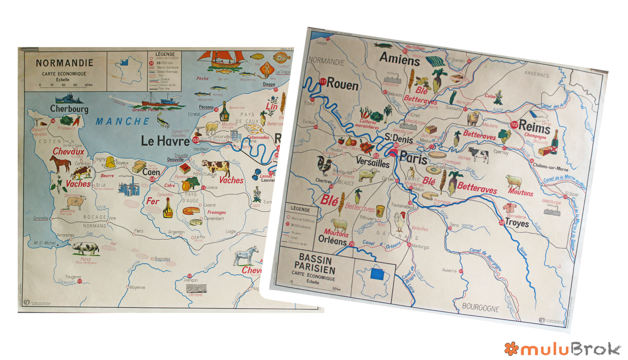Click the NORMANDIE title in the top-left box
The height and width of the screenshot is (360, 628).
pyautogui.click(x=65, y=63)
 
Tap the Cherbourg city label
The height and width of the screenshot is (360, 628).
pyautogui.click(x=69, y=109)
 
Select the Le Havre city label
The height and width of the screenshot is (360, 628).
pyautogui.click(x=165, y=141)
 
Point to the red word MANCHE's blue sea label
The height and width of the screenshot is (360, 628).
pyautogui.click(x=123, y=122)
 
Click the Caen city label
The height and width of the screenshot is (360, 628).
pyautogui.click(x=151, y=172)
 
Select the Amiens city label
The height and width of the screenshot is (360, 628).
pyautogui.click(x=399, y=60)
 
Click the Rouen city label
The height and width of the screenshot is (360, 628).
pyautogui.click(x=343, y=85)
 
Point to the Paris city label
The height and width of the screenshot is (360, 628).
pyautogui.click(x=413, y=157)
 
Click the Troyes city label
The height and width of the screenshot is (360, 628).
pyautogui.click(x=517, y=223)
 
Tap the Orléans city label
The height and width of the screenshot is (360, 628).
pyautogui.click(x=332, y=241)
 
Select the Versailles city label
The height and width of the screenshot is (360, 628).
pyautogui.click(x=372, y=162)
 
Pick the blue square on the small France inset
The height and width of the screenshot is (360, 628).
pyautogui.click(x=377, y=274)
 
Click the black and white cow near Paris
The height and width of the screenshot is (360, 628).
pyautogui.click(x=478, y=155)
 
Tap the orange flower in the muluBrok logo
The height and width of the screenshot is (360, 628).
pyautogui.click(x=511, y=348)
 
